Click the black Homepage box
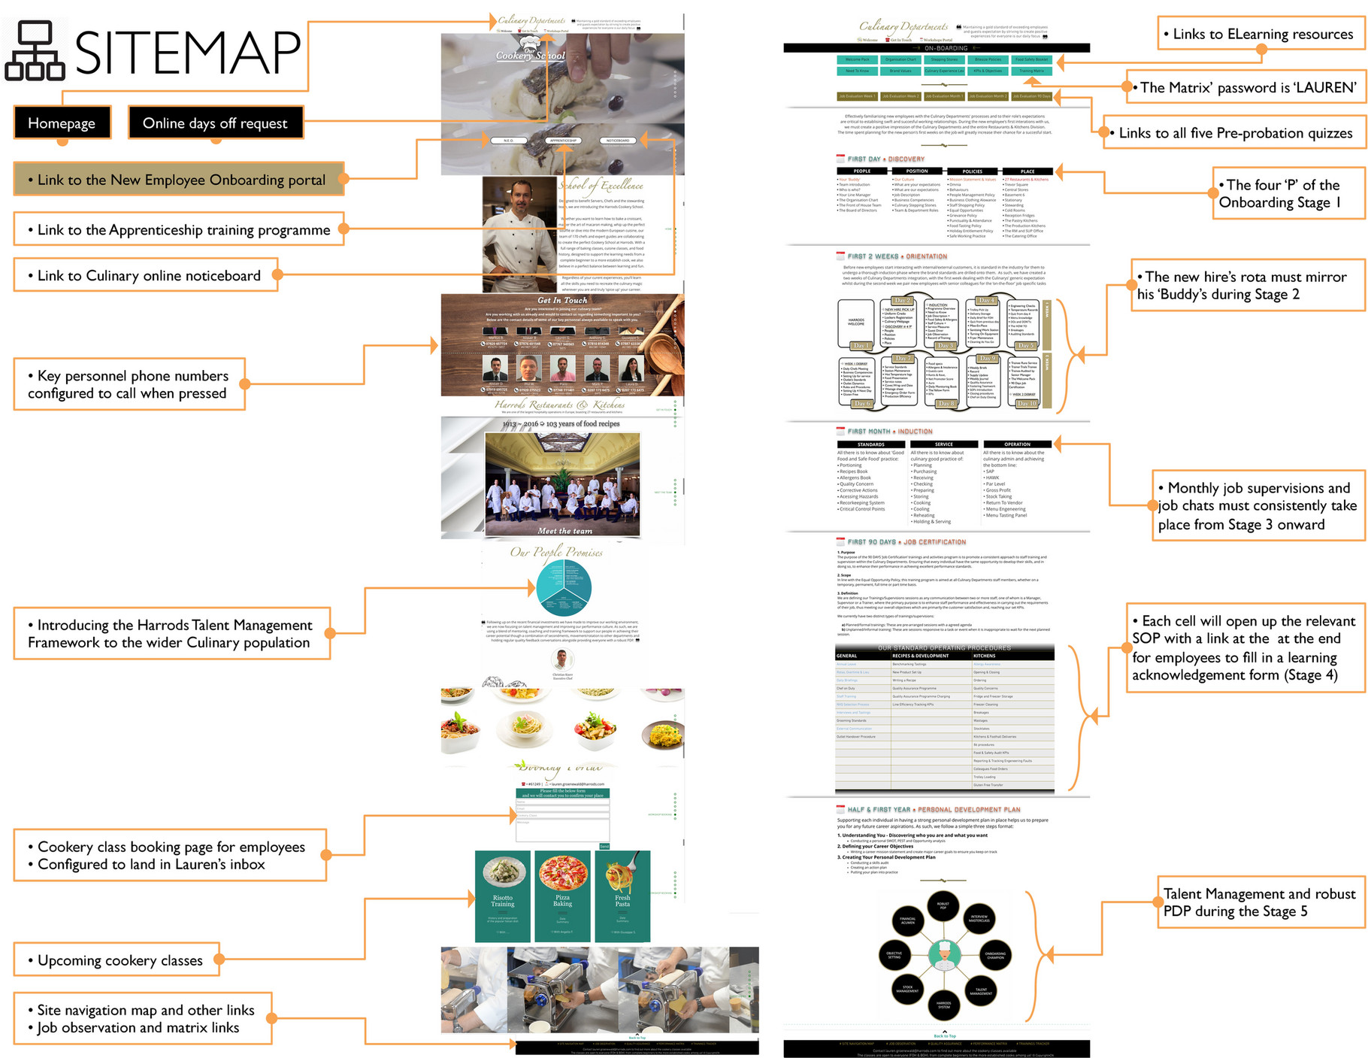[62, 123]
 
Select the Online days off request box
[215, 123]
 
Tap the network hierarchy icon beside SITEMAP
[34, 51]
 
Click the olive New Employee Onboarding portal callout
[179, 180]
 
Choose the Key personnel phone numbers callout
[129, 384]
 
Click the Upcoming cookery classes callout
[117, 960]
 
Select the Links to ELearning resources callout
[1261, 34]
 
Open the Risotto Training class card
[503, 896]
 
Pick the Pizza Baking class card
[562, 896]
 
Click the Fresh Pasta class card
[622, 896]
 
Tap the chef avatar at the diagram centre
[944, 956]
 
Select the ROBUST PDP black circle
[943, 905]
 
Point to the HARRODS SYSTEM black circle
[944, 1004]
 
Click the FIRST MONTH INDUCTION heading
[889, 432]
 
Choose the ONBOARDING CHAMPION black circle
[995, 955]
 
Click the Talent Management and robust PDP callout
[1260, 902]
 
